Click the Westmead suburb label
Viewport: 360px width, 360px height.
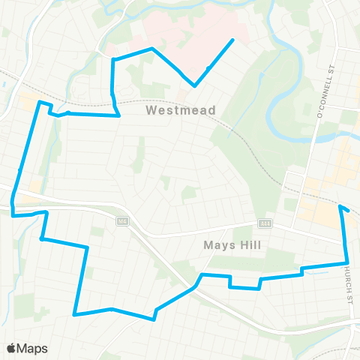click(181, 111)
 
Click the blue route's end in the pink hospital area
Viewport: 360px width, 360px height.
click(233, 40)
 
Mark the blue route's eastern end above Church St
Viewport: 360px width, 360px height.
click(340, 206)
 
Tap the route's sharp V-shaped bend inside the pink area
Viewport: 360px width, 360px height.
click(195, 85)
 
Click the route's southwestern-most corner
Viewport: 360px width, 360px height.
click(74, 314)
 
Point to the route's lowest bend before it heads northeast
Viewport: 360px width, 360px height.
click(154, 319)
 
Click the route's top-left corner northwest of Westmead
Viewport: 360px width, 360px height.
click(113, 58)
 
